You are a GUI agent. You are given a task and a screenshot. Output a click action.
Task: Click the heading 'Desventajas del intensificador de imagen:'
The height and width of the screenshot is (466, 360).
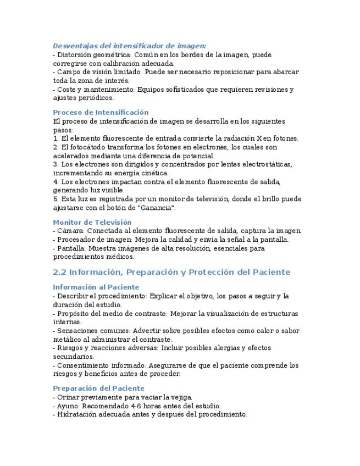(x=129, y=46)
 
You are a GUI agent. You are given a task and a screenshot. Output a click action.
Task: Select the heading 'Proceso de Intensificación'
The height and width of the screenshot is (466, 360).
(x=101, y=112)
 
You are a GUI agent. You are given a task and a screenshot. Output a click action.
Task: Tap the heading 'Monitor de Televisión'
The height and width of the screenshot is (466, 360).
(x=92, y=222)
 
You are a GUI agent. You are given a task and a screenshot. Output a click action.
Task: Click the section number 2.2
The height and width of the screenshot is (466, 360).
(x=59, y=272)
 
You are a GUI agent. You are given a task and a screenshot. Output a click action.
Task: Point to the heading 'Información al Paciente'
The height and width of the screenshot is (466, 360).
(x=96, y=287)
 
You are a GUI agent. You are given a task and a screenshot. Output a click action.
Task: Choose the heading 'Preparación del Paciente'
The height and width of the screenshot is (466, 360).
(x=98, y=388)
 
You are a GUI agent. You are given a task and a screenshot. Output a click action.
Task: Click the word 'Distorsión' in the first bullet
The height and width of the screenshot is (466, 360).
(x=75, y=55)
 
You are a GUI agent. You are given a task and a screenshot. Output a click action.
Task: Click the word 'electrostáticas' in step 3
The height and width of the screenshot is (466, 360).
(x=265, y=164)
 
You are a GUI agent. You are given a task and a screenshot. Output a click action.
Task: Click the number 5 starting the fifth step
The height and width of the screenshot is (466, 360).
(x=55, y=199)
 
